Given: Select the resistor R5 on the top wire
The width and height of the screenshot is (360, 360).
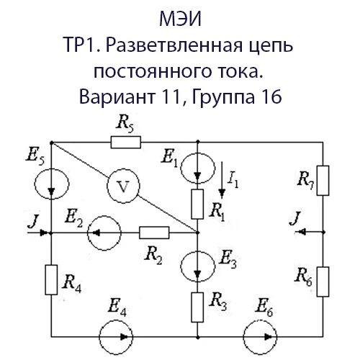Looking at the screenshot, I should [125, 143].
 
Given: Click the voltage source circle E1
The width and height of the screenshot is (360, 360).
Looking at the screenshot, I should [197, 169].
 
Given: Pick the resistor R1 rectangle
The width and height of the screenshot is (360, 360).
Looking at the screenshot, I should [197, 204].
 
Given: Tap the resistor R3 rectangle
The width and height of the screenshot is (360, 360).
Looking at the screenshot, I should [197, 306].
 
